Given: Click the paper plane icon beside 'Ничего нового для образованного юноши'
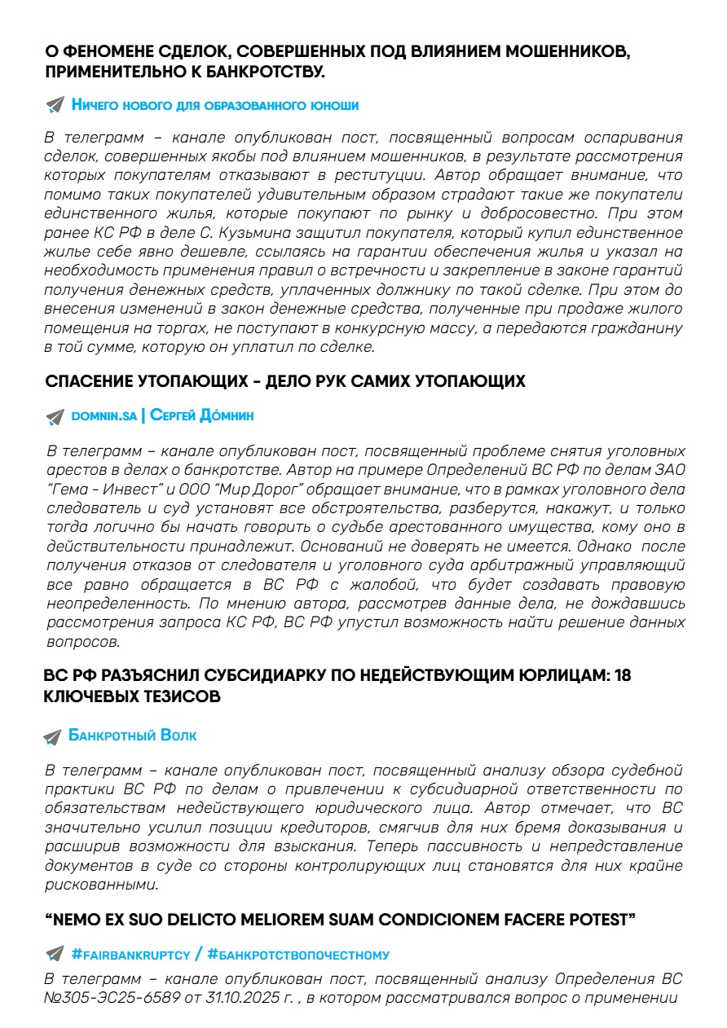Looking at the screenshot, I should (55, 105).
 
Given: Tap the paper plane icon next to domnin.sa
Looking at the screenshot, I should (55, 416).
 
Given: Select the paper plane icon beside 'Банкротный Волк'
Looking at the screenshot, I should (52, 736).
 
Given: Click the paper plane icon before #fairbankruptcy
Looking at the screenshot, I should (55, 954).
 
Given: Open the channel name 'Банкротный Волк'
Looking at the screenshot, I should (132, 736).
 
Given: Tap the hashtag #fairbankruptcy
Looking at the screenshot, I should (130, 954).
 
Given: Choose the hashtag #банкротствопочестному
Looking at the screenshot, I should (298, 954).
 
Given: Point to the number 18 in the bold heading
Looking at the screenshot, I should (622, 677).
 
